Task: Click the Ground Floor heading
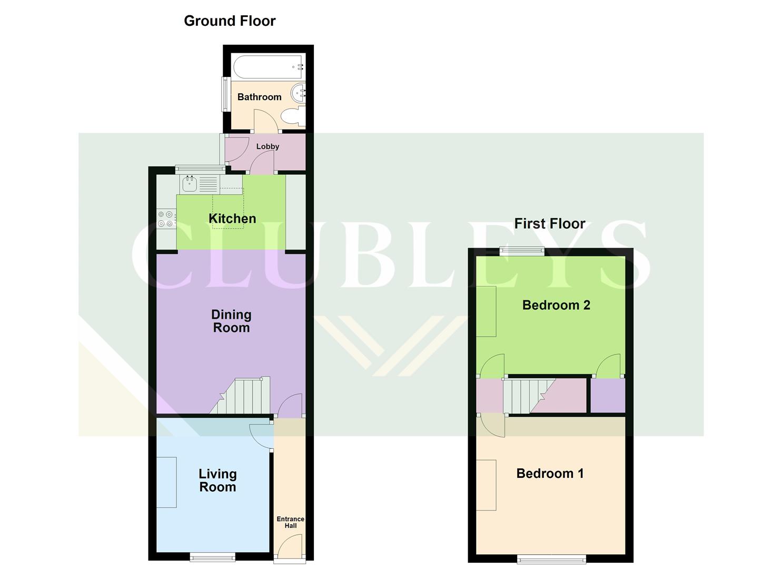pos(230,21)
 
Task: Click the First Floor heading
pos(549,223)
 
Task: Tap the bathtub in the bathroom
pos(268,67)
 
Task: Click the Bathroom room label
pos(259,97)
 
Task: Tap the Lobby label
pos(268,146)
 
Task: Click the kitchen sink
pos(190,184)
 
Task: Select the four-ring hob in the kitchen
pos(166,219)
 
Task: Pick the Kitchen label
pos(232,219)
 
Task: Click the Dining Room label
pos(231,321)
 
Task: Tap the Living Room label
pos(217,480)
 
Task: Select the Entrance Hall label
pos(290,522)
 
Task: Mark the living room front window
pos(212,556)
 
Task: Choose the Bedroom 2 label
pos(556,305)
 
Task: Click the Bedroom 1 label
pos(550,474)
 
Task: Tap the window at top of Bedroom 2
pos(521,251)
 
